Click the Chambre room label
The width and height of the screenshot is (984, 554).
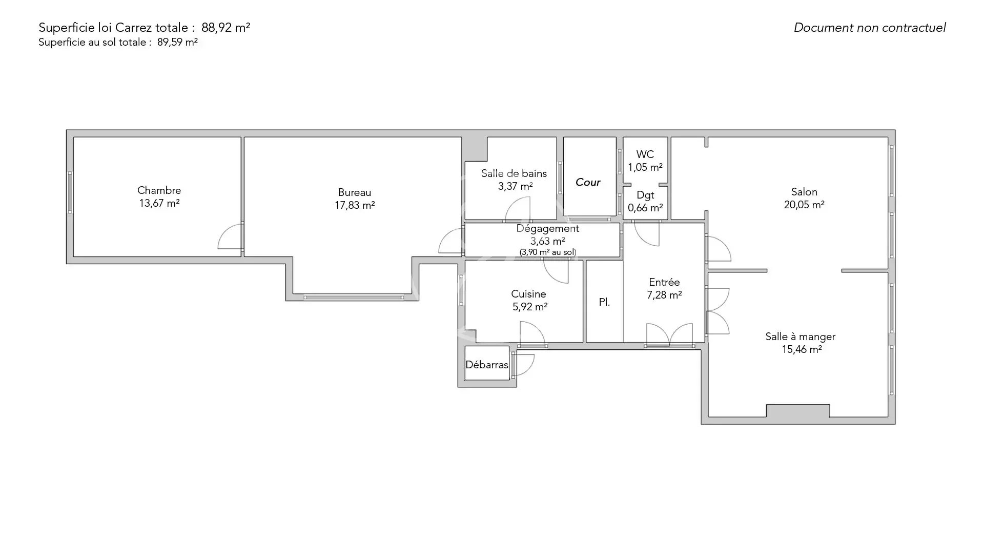tap(159, 190)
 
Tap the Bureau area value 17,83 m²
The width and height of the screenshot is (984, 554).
tap(355, 205)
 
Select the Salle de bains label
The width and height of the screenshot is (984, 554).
tap(514, 173)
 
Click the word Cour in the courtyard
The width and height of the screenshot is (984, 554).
tap(588, 182)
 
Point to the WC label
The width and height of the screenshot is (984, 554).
tap(645, 154)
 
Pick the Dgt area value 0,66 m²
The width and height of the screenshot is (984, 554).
tap(645, 208)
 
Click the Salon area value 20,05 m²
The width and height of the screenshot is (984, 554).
tap(804, 205)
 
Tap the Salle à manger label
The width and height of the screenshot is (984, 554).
tap(801, 337)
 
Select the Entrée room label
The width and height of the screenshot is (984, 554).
tap(664, 282)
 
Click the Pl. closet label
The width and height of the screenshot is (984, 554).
tap(605, 302)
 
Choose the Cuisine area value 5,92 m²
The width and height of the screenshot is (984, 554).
tap(530, 307)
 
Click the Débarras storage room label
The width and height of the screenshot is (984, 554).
tap(487, 365)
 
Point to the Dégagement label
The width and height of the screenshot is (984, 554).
tap(548, 229)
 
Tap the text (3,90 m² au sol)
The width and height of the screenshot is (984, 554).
tap(548, 252)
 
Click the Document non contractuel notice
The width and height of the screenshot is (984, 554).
tap(870, 28)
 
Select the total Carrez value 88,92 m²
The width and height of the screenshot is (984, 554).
tap(226, 28)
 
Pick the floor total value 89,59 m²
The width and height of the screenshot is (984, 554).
tap(177, 42)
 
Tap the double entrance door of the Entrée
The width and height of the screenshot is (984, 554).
tap(669, 334)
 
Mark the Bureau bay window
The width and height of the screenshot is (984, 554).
tap(354, 298)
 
